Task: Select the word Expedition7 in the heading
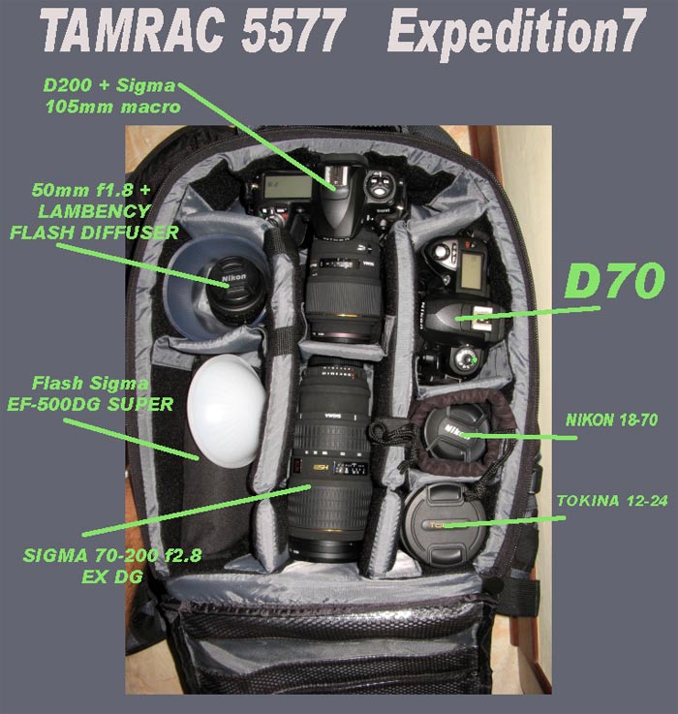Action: point(515,33)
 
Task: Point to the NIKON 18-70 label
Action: point(603,420)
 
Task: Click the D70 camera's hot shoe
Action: point(473,312)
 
